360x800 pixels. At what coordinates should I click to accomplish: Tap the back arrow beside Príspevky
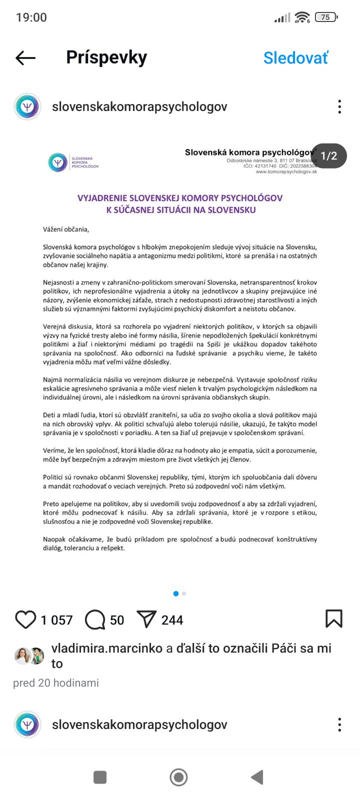click(x=25, y=58)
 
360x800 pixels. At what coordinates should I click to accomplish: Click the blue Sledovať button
click(x=295, y=58)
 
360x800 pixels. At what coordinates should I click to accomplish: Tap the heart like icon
click(x=25, y=619)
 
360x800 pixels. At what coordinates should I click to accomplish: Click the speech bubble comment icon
click(x=95, y=619)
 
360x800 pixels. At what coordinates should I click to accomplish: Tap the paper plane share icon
click(x=146, y=619)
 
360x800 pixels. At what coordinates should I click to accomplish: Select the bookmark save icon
click(x=333, y=618)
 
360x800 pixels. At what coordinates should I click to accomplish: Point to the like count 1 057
click(x=56, y=620)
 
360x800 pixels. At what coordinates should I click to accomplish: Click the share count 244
click(x=172, y=620)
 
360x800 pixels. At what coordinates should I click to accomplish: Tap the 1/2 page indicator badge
click(x=328, y=156)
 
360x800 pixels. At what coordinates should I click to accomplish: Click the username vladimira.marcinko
click(x=107, y=648)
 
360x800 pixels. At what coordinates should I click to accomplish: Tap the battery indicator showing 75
click(x=326, y=17)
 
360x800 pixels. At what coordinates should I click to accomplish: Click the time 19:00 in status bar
click(x=31, y=17)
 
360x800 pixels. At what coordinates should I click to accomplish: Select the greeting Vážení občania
click(x=66, y=229)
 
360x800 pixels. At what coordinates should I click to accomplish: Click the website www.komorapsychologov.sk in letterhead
click(x=286, y=171)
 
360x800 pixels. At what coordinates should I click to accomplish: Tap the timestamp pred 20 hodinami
click(x=56, y=683)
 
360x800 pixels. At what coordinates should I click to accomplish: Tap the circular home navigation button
click(x=179, y=777)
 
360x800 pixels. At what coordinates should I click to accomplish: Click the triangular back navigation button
click(x=257, y=777)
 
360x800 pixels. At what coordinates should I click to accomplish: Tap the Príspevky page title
click(x=106, y=57)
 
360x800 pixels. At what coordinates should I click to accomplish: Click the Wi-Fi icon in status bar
click(x=302, y=17)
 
